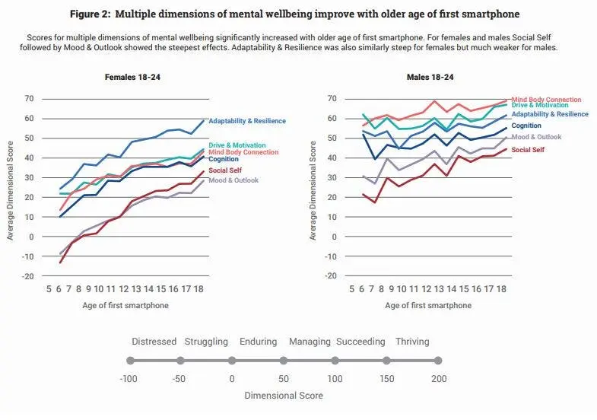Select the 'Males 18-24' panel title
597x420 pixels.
431,76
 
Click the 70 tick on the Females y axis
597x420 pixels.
30,98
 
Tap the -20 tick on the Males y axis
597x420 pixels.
332,275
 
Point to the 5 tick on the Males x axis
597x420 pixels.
352,289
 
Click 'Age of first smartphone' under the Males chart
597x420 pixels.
430,305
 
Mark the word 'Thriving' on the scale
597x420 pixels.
411,342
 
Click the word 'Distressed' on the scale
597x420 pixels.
154,342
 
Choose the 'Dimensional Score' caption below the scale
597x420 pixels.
283,396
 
